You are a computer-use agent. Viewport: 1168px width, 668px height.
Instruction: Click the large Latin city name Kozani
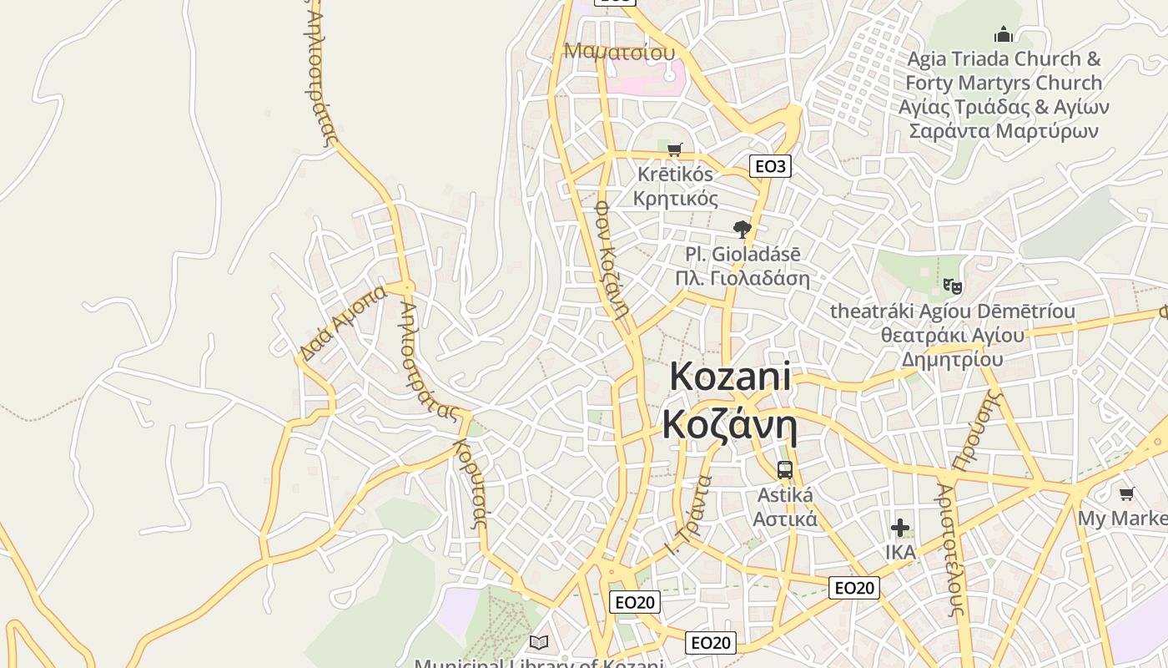click(x=730, y=377)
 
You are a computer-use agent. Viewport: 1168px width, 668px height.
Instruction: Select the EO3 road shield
click(x=769, y=166)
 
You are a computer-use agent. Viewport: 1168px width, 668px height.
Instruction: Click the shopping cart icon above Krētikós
click(x=675, y=150)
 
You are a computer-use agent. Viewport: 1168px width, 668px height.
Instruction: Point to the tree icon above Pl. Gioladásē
click(x=742, y=230)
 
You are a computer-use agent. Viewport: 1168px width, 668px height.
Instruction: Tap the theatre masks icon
click(x=952, y=286)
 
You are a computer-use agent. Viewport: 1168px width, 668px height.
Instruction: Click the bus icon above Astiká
click(x=784, y=470)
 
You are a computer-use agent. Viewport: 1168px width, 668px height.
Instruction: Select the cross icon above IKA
click(x=899, y=528)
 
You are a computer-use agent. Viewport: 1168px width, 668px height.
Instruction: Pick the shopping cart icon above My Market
click(x=1126, y=494)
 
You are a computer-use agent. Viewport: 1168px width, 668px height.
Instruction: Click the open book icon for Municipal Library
click(x=539, y=642)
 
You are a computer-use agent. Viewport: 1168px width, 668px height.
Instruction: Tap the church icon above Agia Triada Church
click(x=1003, y=34)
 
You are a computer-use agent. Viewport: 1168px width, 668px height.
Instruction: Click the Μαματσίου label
click(x=619, y=51)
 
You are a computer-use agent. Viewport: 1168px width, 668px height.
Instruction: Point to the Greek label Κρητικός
click(x=676, y=199)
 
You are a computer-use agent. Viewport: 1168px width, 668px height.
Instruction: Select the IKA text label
click(x=900, y=552)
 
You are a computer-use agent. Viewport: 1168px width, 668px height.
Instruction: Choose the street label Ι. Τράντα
click(x=689, y=515)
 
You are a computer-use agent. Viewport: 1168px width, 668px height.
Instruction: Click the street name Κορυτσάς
click(x=470, y=483)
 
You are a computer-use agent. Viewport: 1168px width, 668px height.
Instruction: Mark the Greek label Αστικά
click(x=785, y=519)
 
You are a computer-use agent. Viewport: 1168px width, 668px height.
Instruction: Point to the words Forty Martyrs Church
click(x=1004, y=83)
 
